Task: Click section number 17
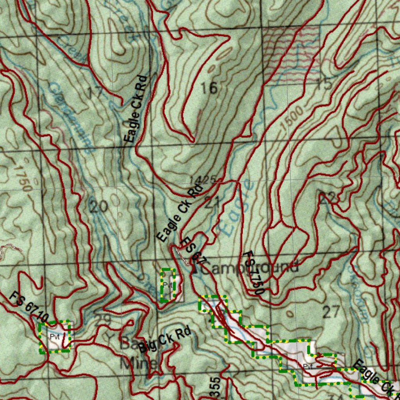click(x=95, y=93)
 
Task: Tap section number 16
click(x=209, y=88)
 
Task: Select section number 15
click(x=324, y=84)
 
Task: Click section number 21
click(x=211, y=202)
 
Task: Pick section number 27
click(x=331, y=312)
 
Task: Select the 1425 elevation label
click(x=202, y=180)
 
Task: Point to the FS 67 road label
click(x=193, y=250)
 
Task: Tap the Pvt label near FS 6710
click(x=55, y=336)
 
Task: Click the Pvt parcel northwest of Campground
click(x=168, y=284)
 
